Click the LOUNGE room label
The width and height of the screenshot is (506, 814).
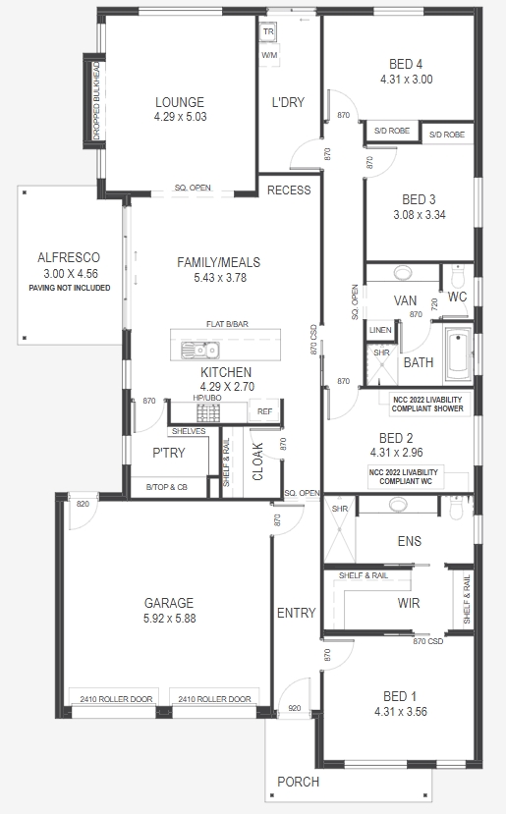pyautogui.click(x=179, y=102)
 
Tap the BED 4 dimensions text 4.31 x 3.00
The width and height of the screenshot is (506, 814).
pyautogui.click(x=406, y=80)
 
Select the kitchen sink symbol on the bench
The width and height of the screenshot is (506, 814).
pyautogui.click(x=201, y=349)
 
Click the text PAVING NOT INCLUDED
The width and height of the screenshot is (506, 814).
pyautogui.click(x=70, y=288)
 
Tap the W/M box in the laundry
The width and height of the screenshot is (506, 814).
pyautogui.click(x=269, y=56)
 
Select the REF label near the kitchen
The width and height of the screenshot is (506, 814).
pyautogui.click(x=264, y=412)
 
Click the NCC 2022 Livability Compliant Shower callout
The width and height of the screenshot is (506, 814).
pyautogui.click(x=428, y=404)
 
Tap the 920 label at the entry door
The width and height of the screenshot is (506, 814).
pyautogui.click(x=293, y=707)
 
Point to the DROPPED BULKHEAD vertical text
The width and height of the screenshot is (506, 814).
pyautogui.click(x=96, y=97)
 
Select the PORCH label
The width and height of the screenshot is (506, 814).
pyautogui.click(x=298, y=782)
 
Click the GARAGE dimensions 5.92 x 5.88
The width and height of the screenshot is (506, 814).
pyautogui.click(x=169, y=619)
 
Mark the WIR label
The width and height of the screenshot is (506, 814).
pyautogui.click(x=410, y=602)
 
